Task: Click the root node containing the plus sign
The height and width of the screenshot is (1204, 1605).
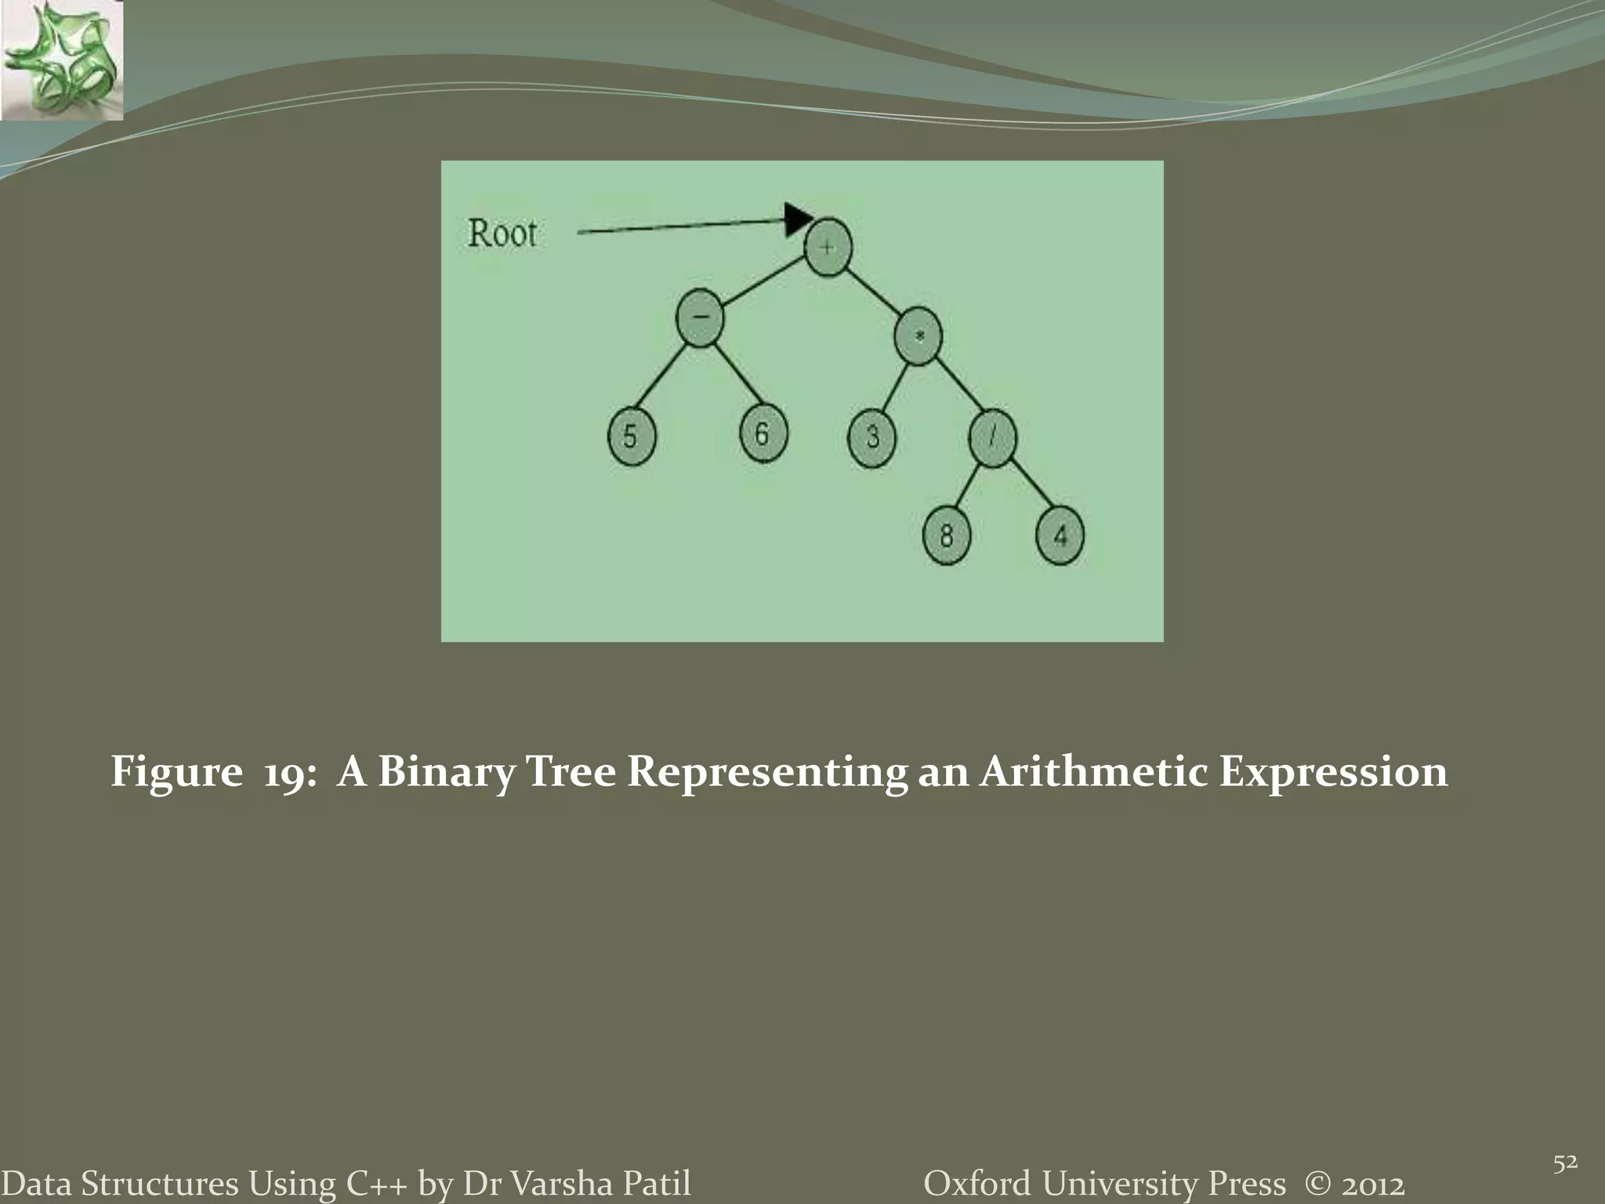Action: (828, 248)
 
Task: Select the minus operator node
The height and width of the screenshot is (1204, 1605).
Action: (700, 317)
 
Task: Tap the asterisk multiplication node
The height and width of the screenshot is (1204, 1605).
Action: (918, 337)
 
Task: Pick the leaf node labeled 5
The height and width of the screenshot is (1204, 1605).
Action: (631, 437)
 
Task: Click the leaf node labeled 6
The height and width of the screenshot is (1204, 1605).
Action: (763, 433)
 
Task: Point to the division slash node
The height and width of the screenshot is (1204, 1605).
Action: (993, 438)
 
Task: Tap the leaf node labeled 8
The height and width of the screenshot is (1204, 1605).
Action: (947, 537)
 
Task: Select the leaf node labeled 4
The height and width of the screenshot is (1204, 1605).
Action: (1060, 537)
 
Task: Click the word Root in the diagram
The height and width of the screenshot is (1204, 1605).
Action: (502, 234)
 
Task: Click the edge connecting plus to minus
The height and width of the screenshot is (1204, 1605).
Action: (764, 283)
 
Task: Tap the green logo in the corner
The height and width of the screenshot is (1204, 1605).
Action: (61, 60)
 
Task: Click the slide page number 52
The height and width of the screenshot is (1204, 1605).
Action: (1565, 1142)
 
